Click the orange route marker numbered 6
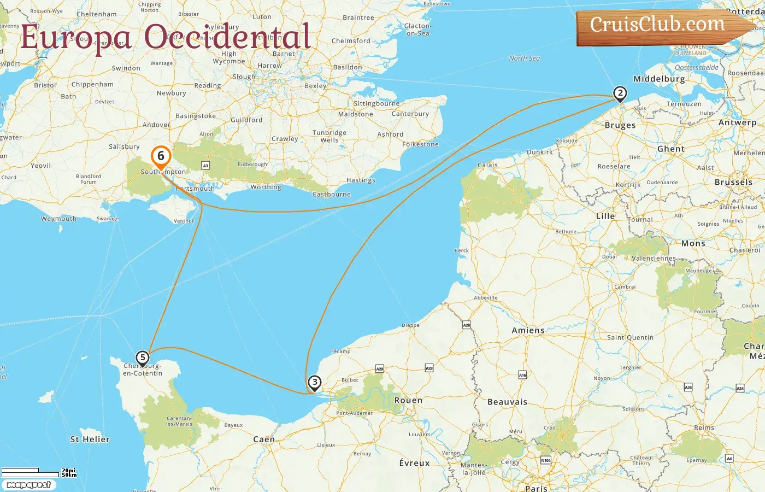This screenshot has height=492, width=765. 161,156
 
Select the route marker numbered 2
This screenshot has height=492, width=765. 620,93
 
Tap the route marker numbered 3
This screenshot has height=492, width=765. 314,383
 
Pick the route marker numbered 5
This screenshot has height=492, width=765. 142,358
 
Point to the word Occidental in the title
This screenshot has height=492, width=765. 227,37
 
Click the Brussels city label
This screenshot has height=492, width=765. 733,182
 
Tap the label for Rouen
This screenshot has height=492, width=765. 408,400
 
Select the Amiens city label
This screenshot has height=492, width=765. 528,330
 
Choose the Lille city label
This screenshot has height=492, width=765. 605,216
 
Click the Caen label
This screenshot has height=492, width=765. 264,439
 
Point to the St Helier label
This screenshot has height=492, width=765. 90,439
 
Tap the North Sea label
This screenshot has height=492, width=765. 524,58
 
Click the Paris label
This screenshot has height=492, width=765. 536,488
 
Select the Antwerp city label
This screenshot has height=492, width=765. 737,122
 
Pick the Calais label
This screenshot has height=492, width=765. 487,165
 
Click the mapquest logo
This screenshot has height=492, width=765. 28,485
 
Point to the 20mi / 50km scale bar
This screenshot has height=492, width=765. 38,472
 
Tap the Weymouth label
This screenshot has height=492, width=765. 58,219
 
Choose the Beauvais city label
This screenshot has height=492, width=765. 507,402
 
